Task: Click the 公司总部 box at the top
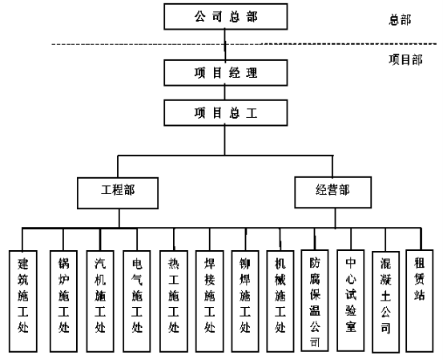point(225,16)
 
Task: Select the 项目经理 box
point(225,73)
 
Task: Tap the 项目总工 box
point(225,112)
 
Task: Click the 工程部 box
point(118,193)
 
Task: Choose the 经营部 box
point(332,192)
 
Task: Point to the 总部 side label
point(400,20)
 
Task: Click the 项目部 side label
point(405,59)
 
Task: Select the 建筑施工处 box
point(23,301)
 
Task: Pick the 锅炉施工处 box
point(63,301)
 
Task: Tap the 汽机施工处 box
point(100,301)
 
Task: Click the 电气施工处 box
point(137,301)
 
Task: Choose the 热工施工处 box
point(174,301)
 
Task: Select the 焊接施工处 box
point(210,301)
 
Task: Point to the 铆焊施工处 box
point(245,301)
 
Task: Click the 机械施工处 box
point(280,301)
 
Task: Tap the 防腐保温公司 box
point(315,301)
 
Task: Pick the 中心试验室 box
point(351,301)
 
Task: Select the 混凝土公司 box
point(385,302)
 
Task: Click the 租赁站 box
point(420,301)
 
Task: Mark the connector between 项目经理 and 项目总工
point(225,93)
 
